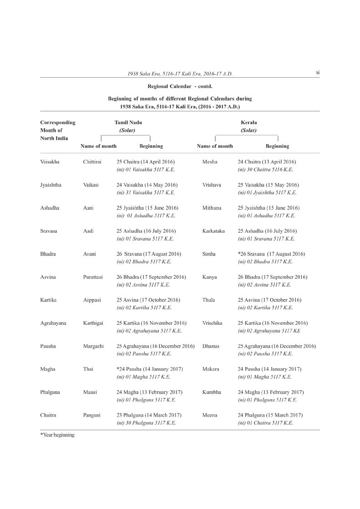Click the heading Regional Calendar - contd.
pyautogui.click(x=180, y=86)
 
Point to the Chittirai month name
pyautogui.click(x=92, y=161)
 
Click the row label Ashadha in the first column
pyautogui.click(x=50, y=208)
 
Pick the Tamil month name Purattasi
pyautogui.click(x=93, y=277)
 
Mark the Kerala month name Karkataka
pyautogui.click(x=213, y=231)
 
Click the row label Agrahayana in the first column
pyautogui.click(x=53, y=323)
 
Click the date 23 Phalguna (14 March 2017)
pyautogui.click(x=149, y=415)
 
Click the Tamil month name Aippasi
pyautogui.click(x=92, y=300)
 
